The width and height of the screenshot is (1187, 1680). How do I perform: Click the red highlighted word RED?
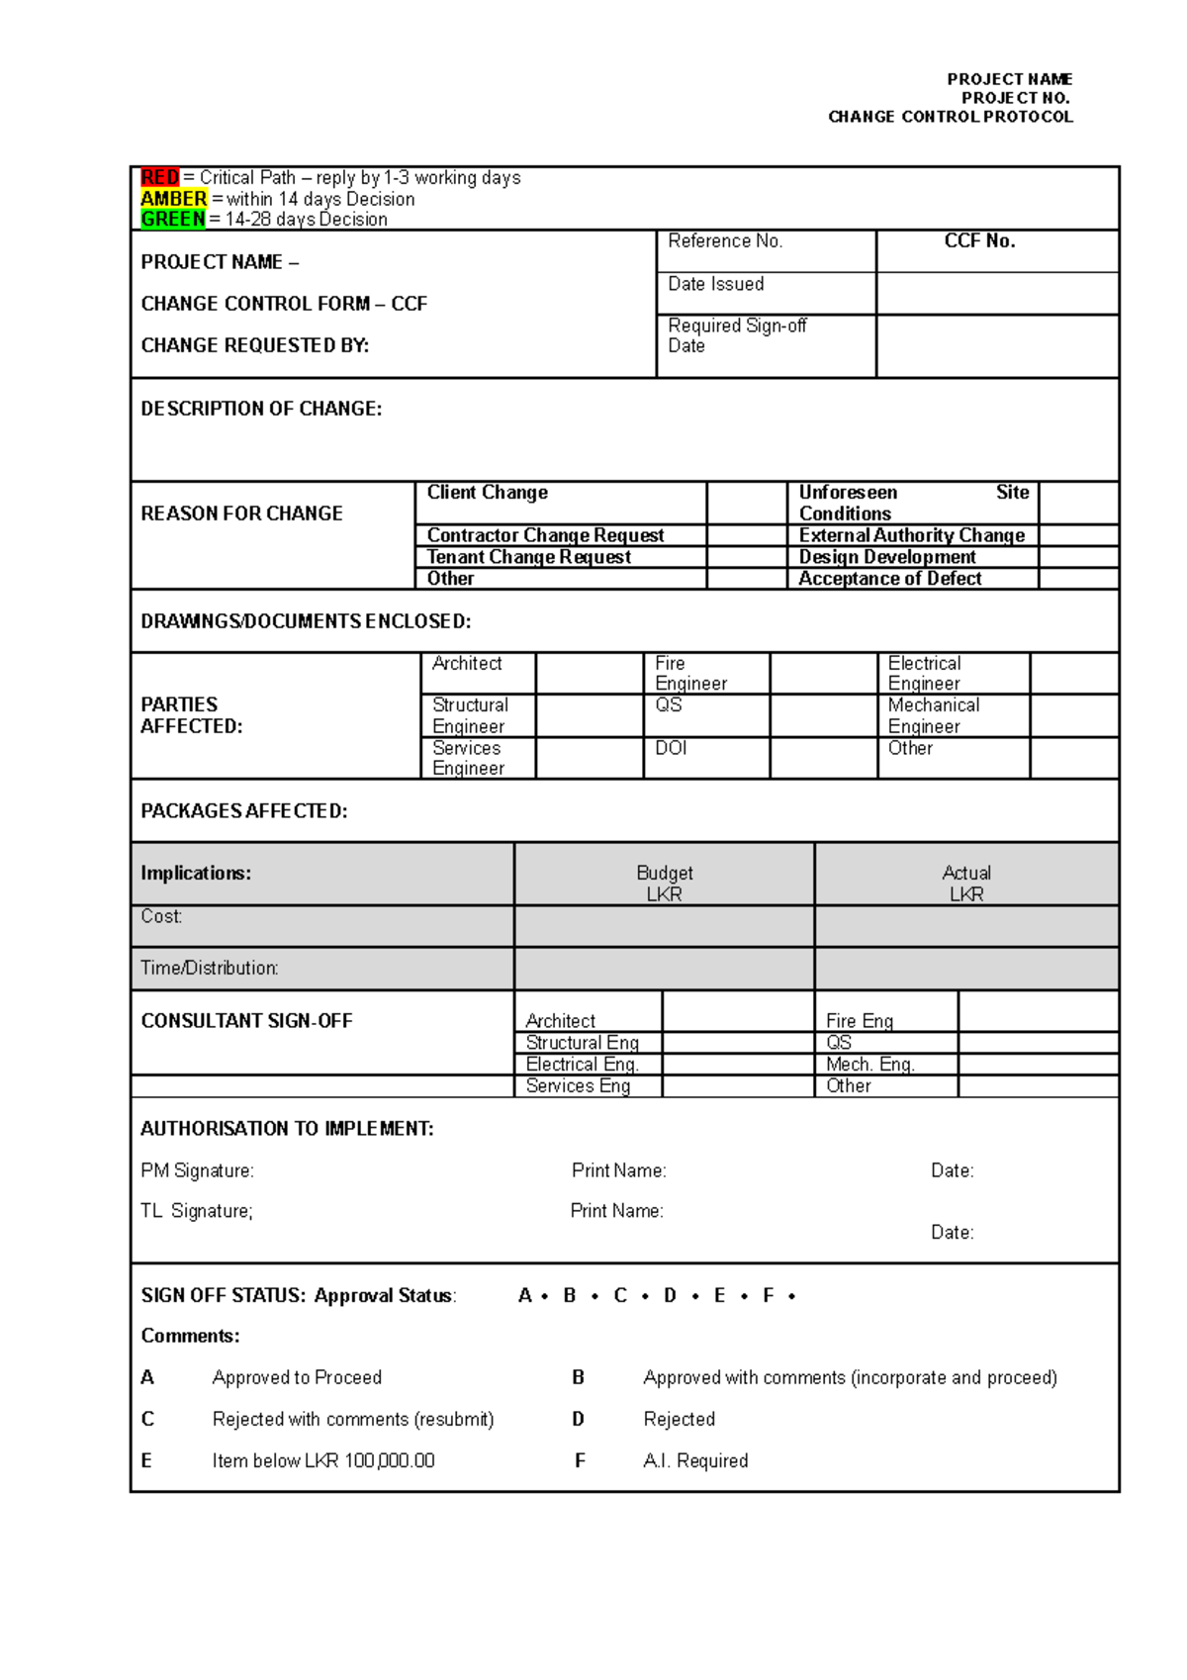click(x=159, y=178)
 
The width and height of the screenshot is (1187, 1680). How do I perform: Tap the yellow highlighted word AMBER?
click(x=173, y=199)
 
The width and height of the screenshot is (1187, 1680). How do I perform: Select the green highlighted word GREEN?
click(x=172, y=220)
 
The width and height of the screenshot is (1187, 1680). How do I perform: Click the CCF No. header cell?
click(x=979, y=241)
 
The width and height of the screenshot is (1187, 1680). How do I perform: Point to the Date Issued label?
click(x=715, y=285)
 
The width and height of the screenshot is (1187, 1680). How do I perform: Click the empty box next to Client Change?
click(x=746, y=503)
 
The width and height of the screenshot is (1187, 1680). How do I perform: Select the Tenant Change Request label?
click(x=528, y=557)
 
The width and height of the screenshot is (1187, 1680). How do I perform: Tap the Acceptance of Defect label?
click(x=889, y=579)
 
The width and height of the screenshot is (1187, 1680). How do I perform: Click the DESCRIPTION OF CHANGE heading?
click(x=261, y=409)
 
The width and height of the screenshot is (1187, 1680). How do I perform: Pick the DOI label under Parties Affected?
click(x=670, y=749)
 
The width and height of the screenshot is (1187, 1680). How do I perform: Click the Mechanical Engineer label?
click(x=933, y=715)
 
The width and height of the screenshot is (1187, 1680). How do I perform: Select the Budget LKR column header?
click(x=664, y=884)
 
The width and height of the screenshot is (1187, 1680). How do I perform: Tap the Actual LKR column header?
click(x=965, y=884)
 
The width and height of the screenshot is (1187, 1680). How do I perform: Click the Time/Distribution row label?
click(x=209, y=969)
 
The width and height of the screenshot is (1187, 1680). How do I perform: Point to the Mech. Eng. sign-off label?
click(x=869, y=1065)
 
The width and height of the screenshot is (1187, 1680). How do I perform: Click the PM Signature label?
click(x=197, y=1171)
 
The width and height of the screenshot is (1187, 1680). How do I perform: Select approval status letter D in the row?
click(x=670, y=1296)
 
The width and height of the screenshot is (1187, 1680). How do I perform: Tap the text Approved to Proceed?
click(x=297, y=1378)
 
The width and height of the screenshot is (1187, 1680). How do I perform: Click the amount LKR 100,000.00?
click(x=369, y=1461)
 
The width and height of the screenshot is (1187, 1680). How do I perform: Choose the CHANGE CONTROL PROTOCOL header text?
click(x=950, y=117)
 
